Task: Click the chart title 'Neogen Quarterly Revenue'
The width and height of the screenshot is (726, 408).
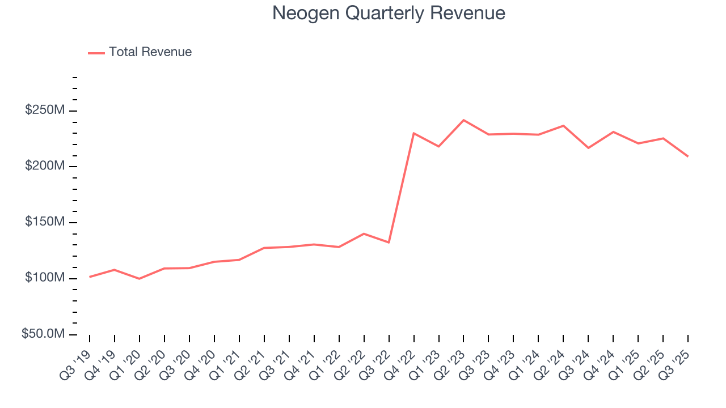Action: [x=389, y=13]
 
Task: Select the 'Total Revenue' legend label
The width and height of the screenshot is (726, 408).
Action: [x=150, y=52]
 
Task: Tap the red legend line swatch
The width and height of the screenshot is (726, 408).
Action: [x=96, y=53]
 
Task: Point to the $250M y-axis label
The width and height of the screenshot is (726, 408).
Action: [x=45, y=110]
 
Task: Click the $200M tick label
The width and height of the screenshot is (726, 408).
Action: [x=45, y=166]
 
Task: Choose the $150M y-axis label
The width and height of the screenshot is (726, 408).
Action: [x=45, y=222]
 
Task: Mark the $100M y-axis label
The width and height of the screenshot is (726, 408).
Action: [x=45, y=278]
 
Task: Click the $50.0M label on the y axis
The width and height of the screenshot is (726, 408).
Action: [x=43, y=334]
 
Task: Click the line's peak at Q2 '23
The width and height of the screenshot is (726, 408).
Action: [x=463, y=120]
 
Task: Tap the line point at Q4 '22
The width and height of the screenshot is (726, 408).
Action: [x=413, y=133]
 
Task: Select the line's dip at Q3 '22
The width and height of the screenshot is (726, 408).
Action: [x=389, y=243]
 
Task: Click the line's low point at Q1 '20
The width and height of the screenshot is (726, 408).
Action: [x=140, y=279]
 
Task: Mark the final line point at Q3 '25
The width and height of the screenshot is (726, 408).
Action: [x=688, y=156]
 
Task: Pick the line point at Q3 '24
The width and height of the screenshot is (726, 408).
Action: [x=588, y=148]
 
